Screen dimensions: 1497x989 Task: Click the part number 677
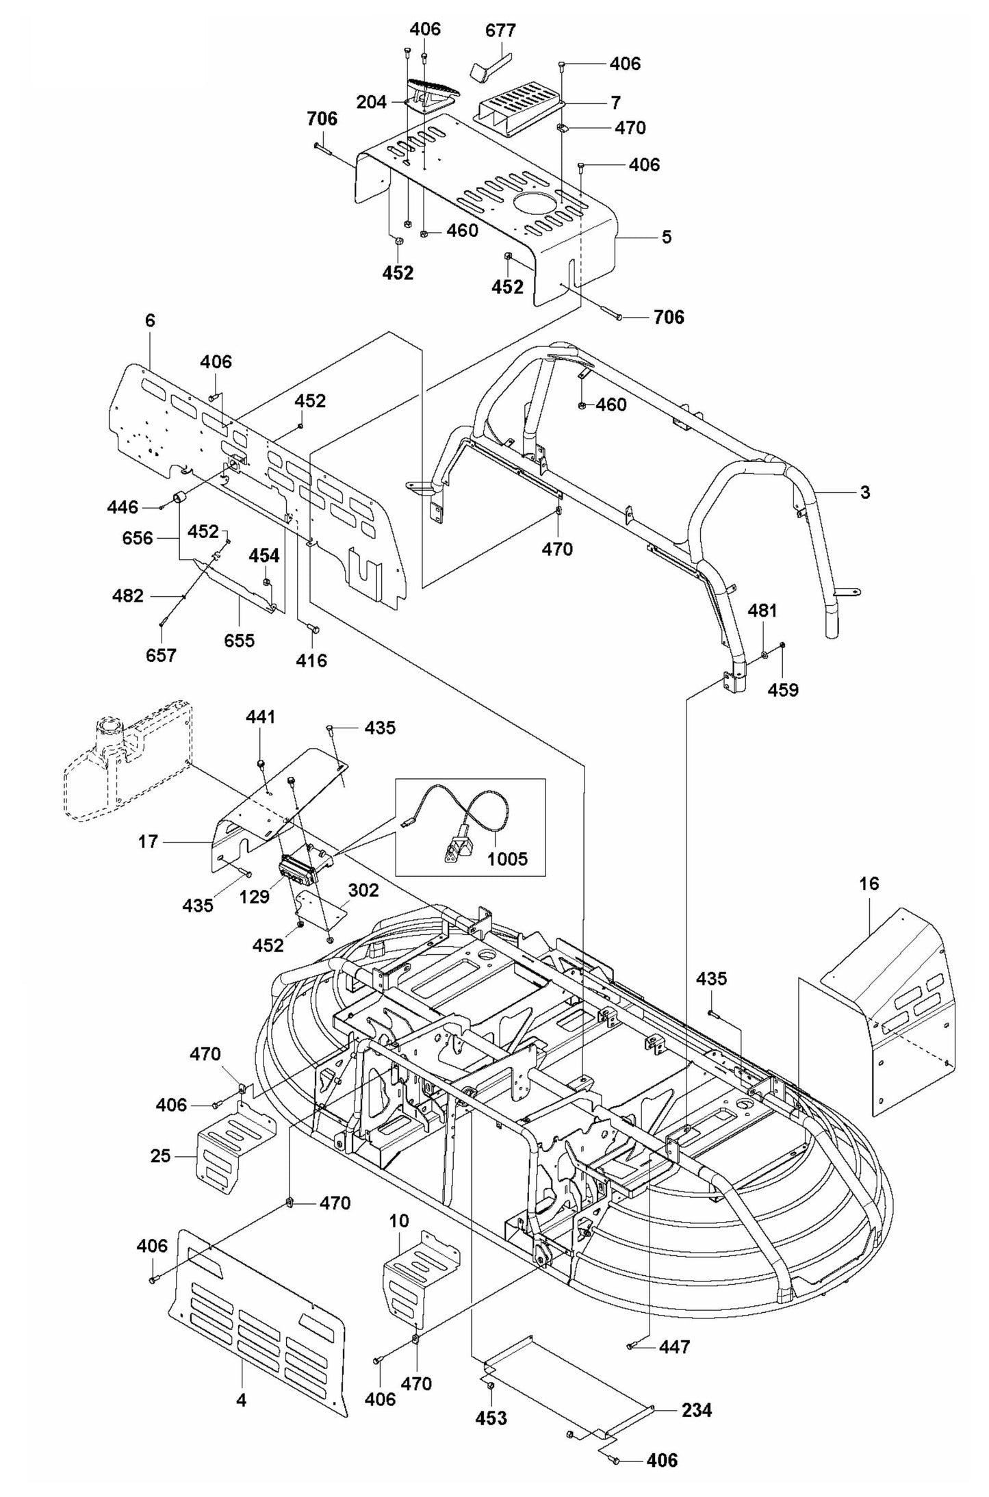tap(500, 31)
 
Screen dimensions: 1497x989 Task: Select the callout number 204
tap(372, 102)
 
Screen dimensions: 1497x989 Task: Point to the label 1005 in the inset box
tap(509, 858)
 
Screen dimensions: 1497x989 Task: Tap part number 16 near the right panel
tap(869, 884)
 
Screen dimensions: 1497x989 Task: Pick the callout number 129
tap(255, 897)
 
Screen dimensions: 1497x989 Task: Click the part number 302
tap(363, 890)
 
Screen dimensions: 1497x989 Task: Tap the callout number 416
tap(311, 661)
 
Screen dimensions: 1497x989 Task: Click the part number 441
tap(260, 717)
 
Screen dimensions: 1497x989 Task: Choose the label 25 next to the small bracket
tap(160, 1156)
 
